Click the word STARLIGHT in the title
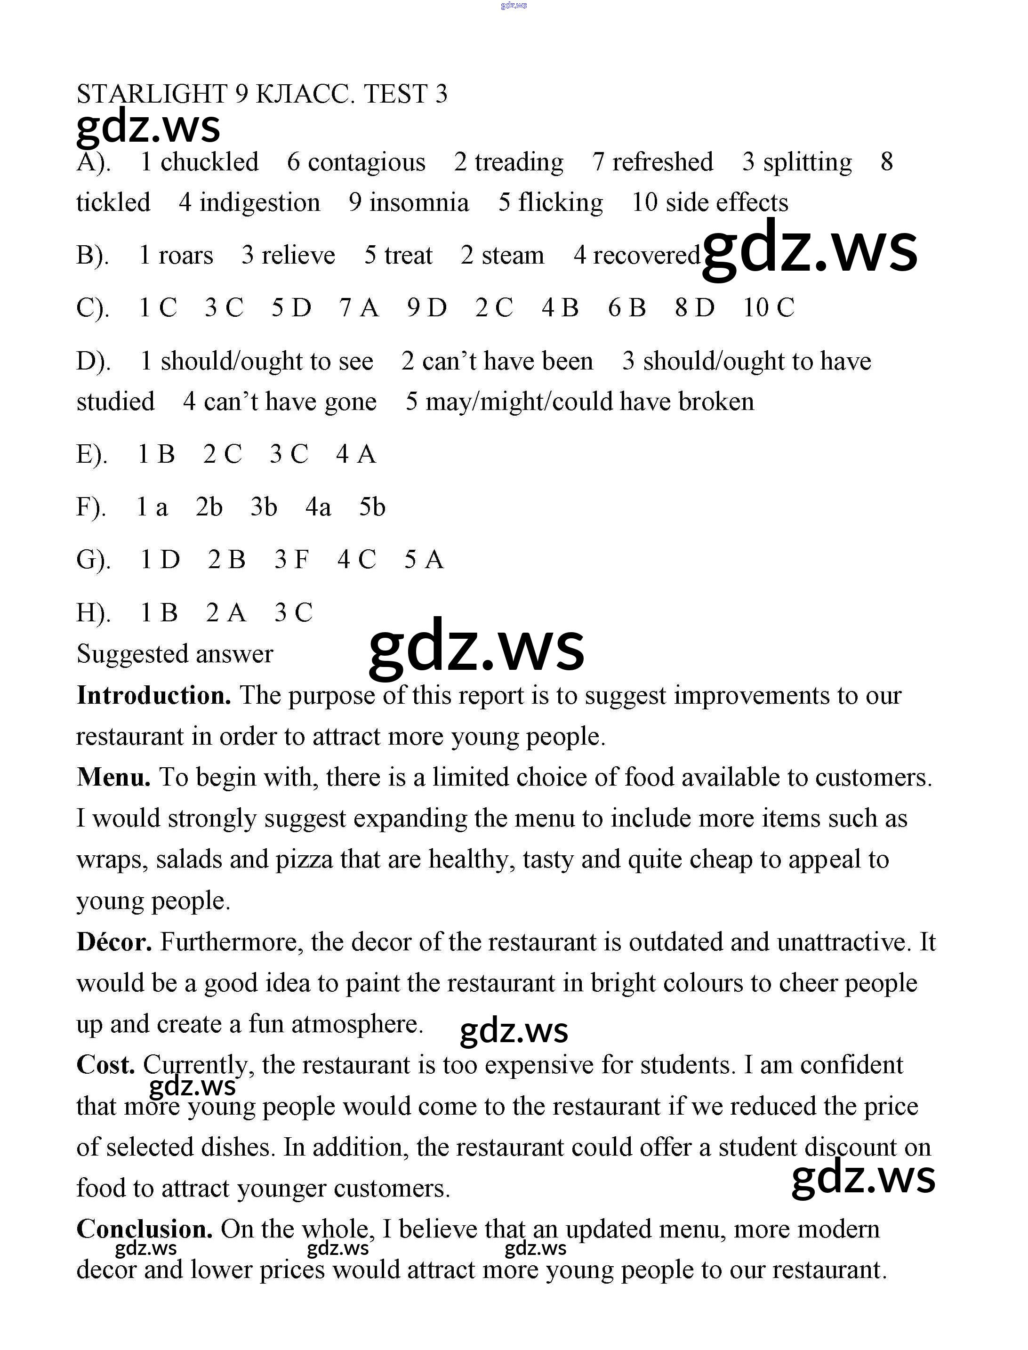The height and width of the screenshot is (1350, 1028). click(152, 94)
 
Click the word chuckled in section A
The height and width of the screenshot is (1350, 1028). click(209, 162)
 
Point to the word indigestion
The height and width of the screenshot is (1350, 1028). click(259, 202)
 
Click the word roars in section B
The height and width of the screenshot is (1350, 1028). click(185, 255)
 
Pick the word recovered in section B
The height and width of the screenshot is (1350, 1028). click(646, 255)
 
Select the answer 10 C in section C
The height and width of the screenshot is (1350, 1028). click(769, 308)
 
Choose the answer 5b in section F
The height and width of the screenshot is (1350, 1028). click(372, 506)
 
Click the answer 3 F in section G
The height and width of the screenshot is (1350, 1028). click(291, 559)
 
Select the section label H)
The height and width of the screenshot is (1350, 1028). click(93, 612)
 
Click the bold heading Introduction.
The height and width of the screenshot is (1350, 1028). click(153, 696)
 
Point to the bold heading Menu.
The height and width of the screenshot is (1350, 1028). click(113, 778)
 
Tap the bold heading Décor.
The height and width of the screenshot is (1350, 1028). click(114, 942)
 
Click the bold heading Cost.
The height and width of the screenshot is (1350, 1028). click(105, 1065)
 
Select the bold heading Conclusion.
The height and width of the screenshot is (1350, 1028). click(145, 1229)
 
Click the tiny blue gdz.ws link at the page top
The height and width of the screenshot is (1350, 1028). click(514, 6)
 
